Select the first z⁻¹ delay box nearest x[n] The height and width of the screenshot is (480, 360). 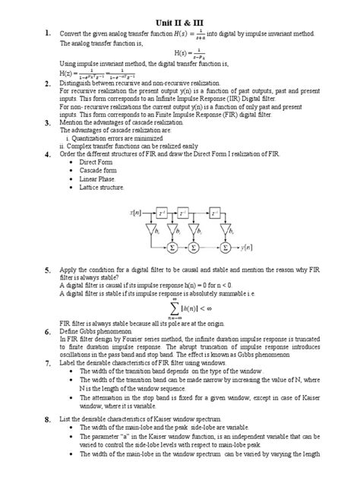pyautogui.click(x=162, y=214)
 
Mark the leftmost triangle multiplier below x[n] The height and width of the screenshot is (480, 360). pyautogui.click(x=148, y=229)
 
